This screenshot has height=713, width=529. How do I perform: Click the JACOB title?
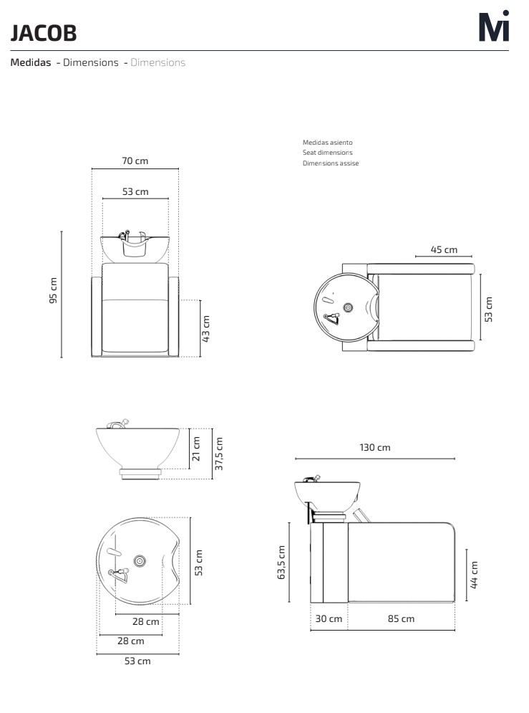click(x=44, y=33)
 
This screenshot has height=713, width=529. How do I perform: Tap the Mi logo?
click(x=494, y=27)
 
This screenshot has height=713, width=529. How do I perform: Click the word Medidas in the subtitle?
click(x=31, y=62)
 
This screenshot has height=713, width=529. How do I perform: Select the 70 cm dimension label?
click(x=135, y=161)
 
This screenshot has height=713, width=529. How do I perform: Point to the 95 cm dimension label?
click(x=53, y=290)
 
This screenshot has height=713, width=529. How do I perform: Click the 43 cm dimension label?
click(x=205, y=328)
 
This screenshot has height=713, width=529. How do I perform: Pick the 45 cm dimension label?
click(x=444, y=249)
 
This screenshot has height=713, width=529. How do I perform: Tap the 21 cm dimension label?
click(x=195, y=449)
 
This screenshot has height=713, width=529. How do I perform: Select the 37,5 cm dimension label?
click(x=219, y=454)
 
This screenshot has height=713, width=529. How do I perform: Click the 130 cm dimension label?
click(x=374, y=447)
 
